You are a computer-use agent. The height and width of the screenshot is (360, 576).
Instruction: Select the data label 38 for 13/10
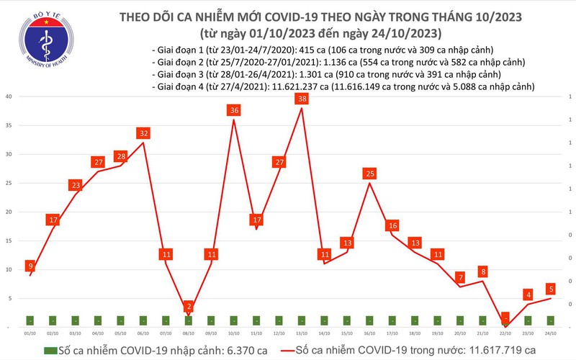tap(302, 99)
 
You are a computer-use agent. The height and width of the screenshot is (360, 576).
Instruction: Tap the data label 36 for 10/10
tap(233, 110)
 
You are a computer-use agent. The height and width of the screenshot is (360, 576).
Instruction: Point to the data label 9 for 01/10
tap(30, 266)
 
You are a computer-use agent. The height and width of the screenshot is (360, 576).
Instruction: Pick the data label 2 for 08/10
tap(189, 307)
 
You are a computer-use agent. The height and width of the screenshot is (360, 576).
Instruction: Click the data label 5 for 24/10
tap(550, 289)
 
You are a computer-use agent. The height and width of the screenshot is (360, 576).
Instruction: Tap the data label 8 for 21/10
tap(484, 271)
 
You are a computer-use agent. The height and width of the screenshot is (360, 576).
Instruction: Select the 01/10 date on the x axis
tap(30, 333)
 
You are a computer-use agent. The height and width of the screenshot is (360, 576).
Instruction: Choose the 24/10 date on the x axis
tap(551, 333)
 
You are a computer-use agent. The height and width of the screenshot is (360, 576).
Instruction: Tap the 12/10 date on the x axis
tap(279, 333)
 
